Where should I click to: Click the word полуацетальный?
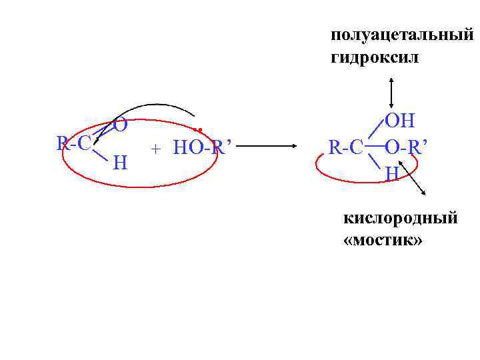401,35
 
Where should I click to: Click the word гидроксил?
375,58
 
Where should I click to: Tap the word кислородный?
400,217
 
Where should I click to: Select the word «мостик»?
383,239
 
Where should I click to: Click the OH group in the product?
400,121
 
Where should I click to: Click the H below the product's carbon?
392,173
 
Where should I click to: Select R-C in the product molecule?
346,146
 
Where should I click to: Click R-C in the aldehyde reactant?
74,143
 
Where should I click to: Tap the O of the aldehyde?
120,124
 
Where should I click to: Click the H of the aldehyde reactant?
121,162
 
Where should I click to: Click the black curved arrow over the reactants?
153,105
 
